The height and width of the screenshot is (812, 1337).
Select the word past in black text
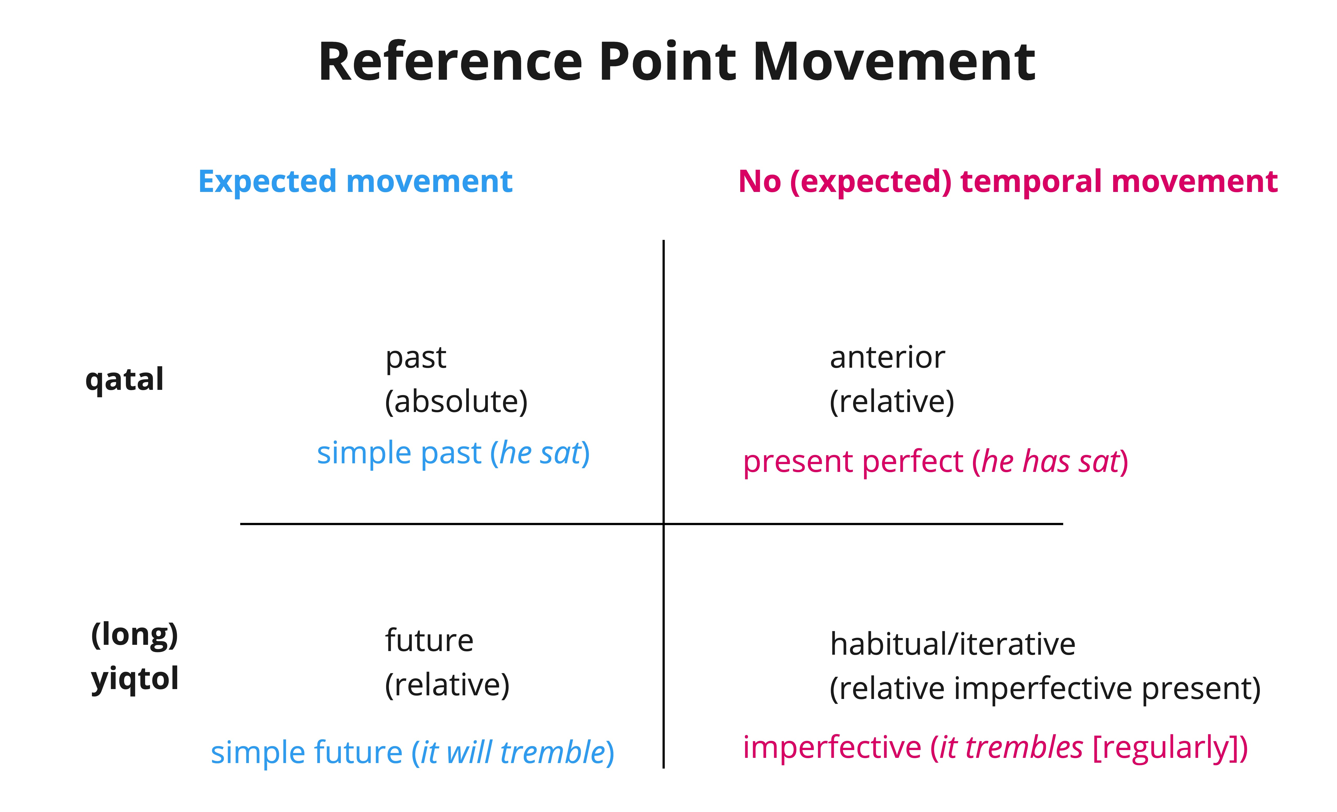point(416,358)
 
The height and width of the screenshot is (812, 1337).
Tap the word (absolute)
point(456,402)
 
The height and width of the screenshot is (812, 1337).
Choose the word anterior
point(887,358)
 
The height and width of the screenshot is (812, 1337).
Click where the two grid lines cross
point(663,524)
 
